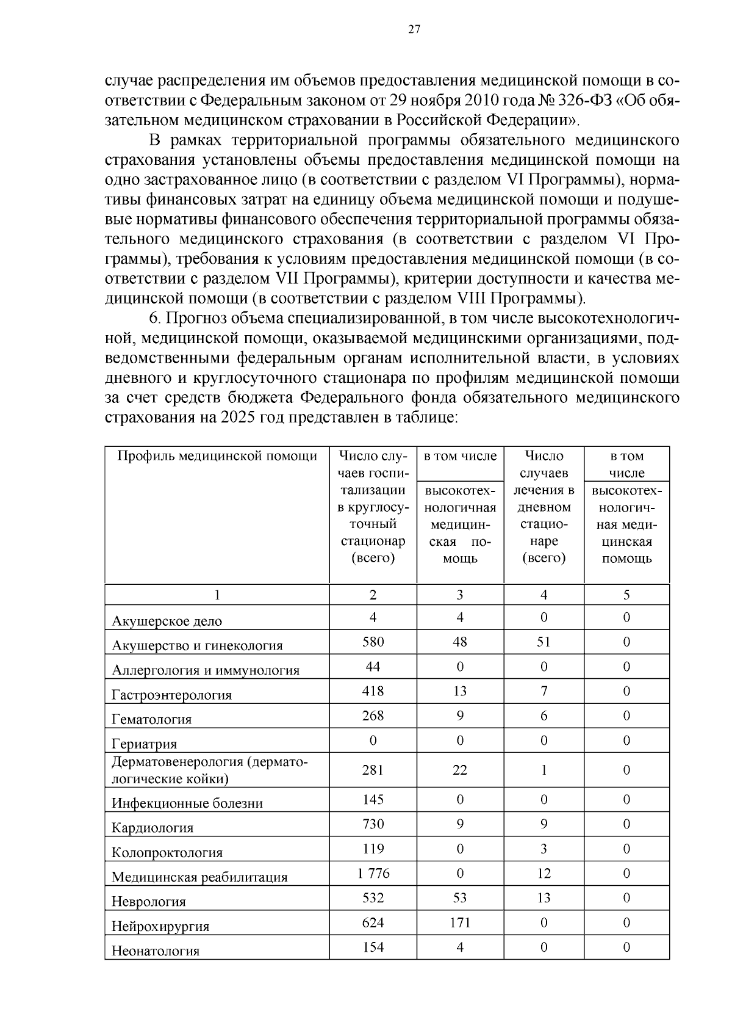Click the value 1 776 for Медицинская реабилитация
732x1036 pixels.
[x=373, y=873]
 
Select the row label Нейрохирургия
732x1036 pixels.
[x=160, y=926]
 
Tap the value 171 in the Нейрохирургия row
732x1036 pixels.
[x=460, y=922]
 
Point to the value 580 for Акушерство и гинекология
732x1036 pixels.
[x=373, y=642]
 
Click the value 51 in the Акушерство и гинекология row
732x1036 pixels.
[x=544, y=642]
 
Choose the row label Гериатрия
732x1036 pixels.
[x=145, y=744]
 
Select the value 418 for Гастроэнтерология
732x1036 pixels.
[x=373, y=690]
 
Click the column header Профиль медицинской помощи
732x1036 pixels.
[x=217, y=456]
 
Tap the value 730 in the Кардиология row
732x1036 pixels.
[x=373, y=824]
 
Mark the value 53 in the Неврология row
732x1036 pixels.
[x=460, y=897]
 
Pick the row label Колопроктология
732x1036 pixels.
[x=167, y=852]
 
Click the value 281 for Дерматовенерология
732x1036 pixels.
[x=373, y=770]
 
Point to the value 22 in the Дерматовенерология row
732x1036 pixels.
[x=460, y=770]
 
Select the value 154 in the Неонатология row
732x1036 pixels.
[x=373, y=947]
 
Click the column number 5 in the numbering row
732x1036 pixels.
[x=626, y=595]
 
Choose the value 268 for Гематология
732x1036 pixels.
[x=373, y=715]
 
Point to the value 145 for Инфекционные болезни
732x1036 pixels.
[x=373, y=799]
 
